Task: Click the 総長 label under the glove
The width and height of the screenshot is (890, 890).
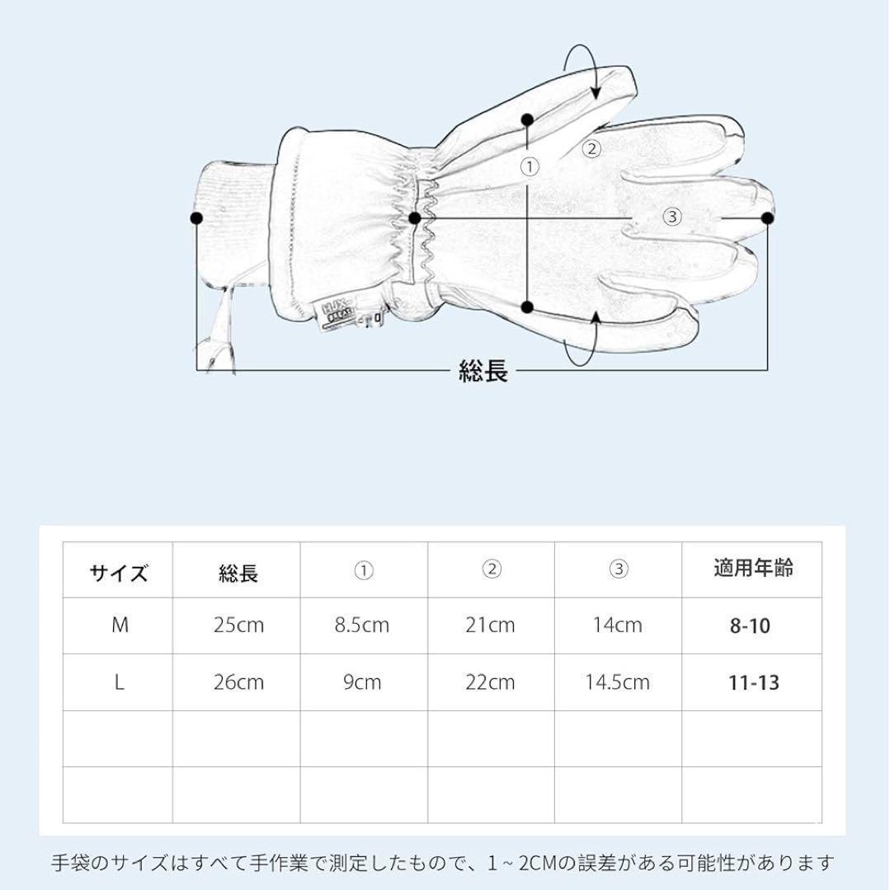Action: click(x=483, y=372)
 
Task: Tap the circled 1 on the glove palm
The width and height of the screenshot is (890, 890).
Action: click(x=530, y=167)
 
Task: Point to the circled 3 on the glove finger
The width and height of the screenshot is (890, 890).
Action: click(x=672, y=217)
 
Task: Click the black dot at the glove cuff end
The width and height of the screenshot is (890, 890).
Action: click(x=196, y=218)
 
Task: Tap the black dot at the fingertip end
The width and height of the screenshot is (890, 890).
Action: click(x=767, y=218)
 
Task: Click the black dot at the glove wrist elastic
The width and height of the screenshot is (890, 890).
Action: click(x=415, y=218)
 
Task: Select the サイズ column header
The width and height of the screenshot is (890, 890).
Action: click(x=119, y=573)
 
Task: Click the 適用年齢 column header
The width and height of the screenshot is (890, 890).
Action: click(x=753, y=569)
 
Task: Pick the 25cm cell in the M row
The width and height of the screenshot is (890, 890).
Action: click(x=238, y=625)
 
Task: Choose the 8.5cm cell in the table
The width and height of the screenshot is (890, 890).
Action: click(x=361, y=625)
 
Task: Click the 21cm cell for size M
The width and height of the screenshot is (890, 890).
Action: click(x=489, y=625)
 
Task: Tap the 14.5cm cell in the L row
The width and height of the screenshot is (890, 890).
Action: click(x=617, y=682)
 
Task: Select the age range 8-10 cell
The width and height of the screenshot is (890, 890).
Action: click(x=749, y=626)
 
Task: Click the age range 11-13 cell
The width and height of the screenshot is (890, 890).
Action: click(x=753, y=683)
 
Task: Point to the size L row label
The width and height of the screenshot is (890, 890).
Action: click(x=119, y=682)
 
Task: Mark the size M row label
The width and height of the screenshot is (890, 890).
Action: click(x=120, y=625)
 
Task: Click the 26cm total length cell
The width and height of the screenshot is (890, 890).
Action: click(x=238, y=682)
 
